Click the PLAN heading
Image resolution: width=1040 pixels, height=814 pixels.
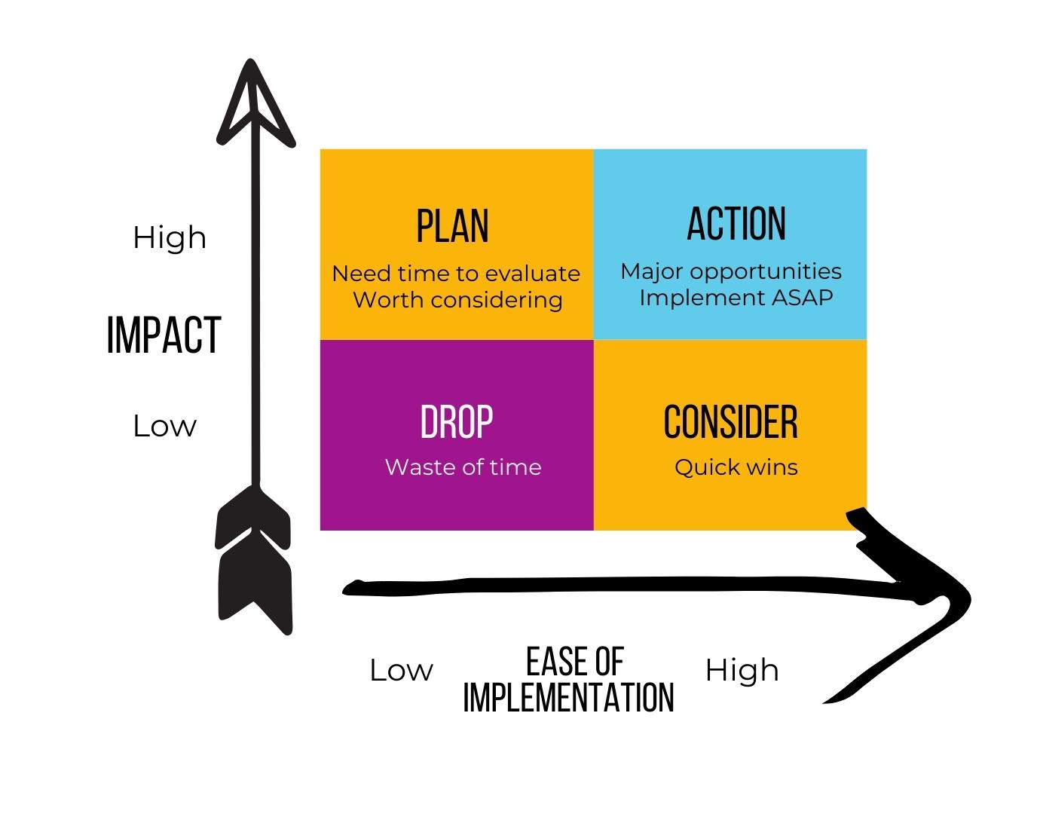(452, 225)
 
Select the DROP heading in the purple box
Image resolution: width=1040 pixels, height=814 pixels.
(457, 422)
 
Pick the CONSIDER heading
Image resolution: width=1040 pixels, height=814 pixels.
(730, 422)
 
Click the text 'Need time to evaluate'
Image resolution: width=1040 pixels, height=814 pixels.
(456, 273)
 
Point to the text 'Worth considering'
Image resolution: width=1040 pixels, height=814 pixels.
(457, 300)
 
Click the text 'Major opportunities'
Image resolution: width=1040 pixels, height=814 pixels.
(730, 271)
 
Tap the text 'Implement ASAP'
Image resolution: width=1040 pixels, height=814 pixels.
(736, 298)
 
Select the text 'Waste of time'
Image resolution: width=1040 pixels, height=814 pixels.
(463, 467)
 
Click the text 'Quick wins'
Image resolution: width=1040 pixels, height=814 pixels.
(736, 467)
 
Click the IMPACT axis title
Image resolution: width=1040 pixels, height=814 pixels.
(164, 335)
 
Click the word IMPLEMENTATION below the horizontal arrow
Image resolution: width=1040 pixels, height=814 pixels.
(568, 697)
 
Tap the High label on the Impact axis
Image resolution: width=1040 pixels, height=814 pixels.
(170, 238)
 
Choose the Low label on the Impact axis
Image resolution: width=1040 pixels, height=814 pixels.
(164, 427)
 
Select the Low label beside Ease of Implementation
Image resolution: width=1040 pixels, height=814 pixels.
(401, 671)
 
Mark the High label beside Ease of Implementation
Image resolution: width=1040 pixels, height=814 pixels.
(742, 670)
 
